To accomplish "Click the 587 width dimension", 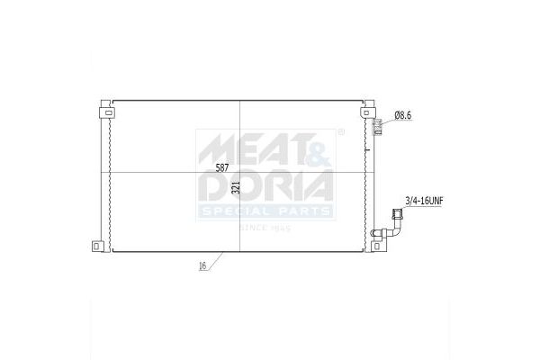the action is coord(222,167).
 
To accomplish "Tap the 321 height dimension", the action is coord(236,187).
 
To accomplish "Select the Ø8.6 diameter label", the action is coord(403,115).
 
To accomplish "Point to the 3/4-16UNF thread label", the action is coord(424,201).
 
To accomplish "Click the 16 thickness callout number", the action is coord(202,265).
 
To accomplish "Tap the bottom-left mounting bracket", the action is coord(98,246).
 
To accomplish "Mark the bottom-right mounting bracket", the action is coord(377,246).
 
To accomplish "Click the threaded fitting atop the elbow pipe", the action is coord(396,213).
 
